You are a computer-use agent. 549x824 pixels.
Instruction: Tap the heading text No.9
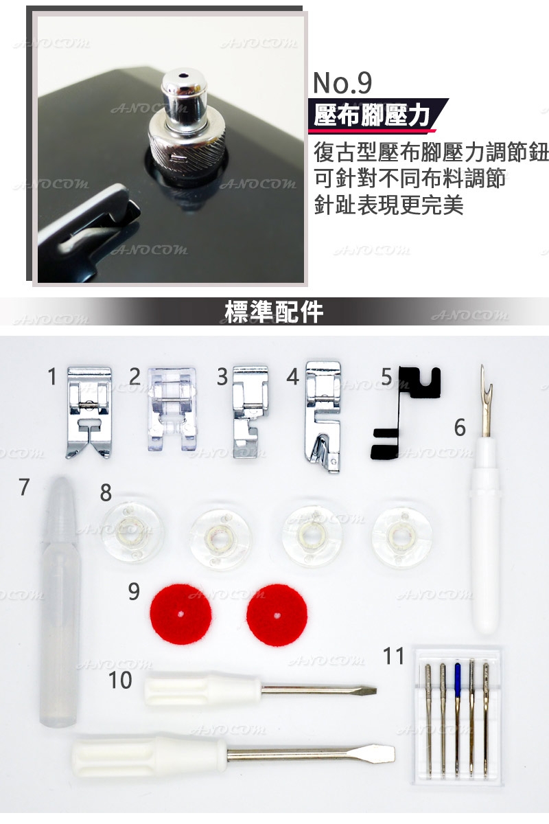(342, 82)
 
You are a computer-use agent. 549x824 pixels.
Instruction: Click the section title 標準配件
(274, 311)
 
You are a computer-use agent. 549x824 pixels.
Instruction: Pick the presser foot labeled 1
(89, 411)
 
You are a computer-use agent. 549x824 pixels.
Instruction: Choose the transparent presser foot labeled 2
(170, 408)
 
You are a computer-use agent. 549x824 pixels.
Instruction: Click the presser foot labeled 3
(248, 411)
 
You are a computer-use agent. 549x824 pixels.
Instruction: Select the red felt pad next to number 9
(178, 613)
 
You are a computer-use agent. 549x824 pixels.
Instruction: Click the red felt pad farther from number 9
(276, 613)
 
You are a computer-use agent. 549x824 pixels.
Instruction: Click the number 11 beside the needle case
(394, 656)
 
